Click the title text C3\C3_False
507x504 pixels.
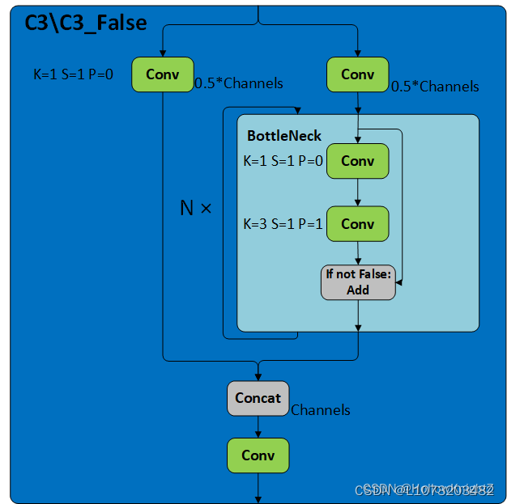point(84,22)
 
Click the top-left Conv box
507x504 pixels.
point(163,74)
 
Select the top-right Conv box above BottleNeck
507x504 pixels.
point(357,74)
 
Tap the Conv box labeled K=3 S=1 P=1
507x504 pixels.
point(357,224)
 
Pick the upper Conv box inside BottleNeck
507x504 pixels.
point(357,161)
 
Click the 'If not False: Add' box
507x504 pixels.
point(358,282)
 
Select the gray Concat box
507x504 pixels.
point(258,398)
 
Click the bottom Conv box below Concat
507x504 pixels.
point(258,455)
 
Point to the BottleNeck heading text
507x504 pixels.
point(283,136)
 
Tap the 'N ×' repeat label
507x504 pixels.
point(195,208)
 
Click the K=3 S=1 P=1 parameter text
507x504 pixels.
point(283,224)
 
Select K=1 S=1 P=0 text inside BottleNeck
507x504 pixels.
point(283,161)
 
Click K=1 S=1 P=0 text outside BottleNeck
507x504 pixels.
point(73,74)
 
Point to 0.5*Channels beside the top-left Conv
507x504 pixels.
point(239,83)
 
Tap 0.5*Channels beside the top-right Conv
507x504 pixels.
point(435,87)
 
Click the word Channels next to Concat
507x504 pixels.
point(321,410)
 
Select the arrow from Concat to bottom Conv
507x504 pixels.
point(258,427)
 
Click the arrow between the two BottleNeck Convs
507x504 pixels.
point(357,193)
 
